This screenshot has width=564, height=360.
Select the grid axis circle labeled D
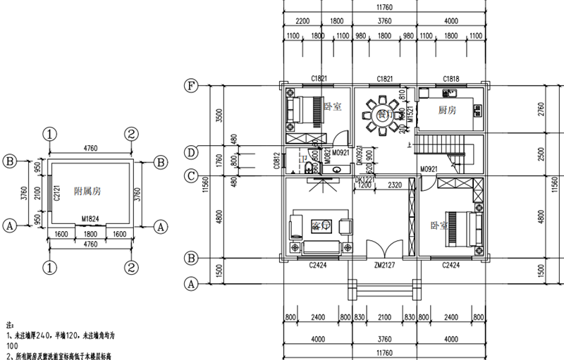[x=190, y=151]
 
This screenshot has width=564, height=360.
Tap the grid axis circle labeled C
[x=190, y=175]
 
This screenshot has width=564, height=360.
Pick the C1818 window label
[x=451, y=78]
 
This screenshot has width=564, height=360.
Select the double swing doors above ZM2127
[x=385, y=252]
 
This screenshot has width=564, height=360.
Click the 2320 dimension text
[x=394, y=185]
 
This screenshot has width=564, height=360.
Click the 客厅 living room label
[x=320, y=227]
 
